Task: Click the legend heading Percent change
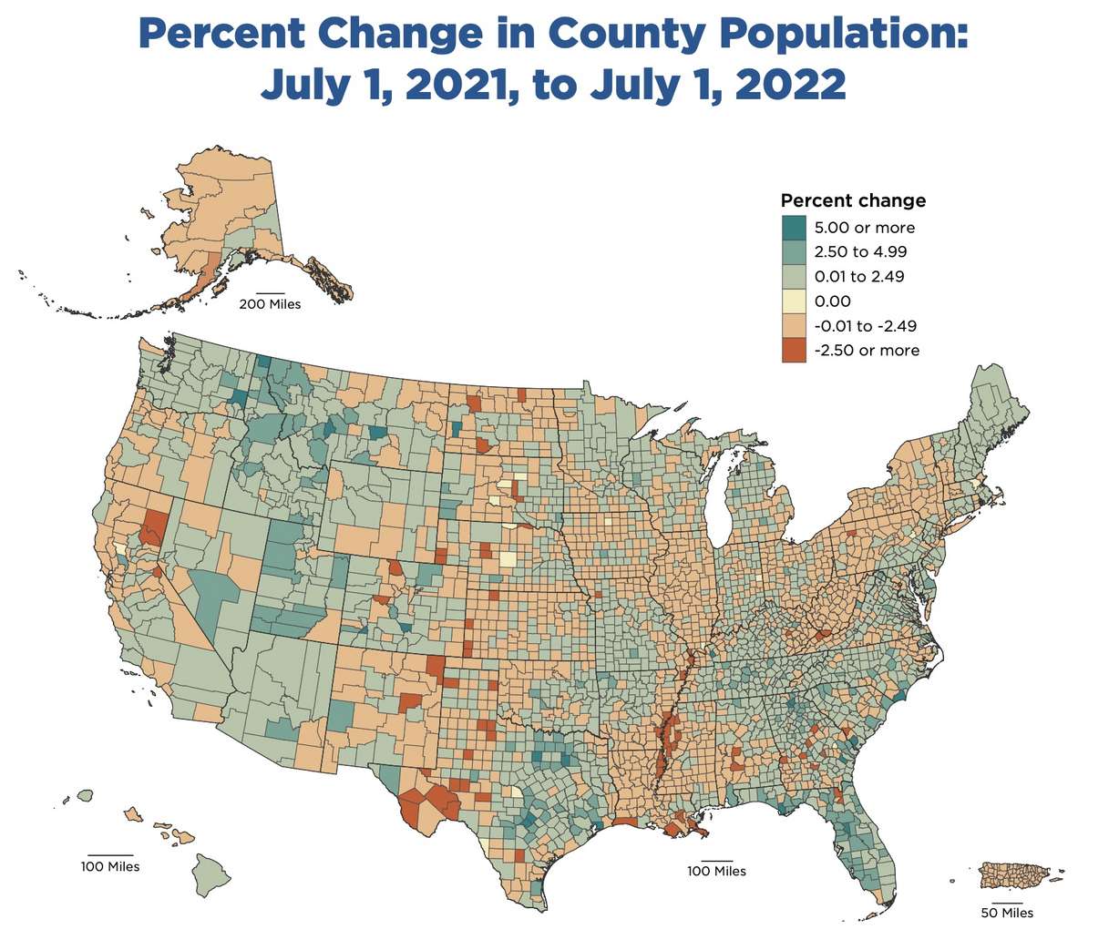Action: [853, 200]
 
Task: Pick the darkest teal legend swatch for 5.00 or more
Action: [794, 228]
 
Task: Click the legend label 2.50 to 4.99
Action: [859, 252]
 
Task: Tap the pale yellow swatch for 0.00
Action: [794, 301]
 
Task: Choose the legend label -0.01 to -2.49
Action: [865, 326]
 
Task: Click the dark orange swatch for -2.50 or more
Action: [794, 351]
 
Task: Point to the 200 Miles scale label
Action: [270, 304]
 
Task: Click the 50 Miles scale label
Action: [1007, 913]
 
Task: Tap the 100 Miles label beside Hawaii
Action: [110, 866]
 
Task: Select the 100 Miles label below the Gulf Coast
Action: [716, 872]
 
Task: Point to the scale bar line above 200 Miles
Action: [271, 293]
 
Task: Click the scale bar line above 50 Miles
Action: [1007, 903]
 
